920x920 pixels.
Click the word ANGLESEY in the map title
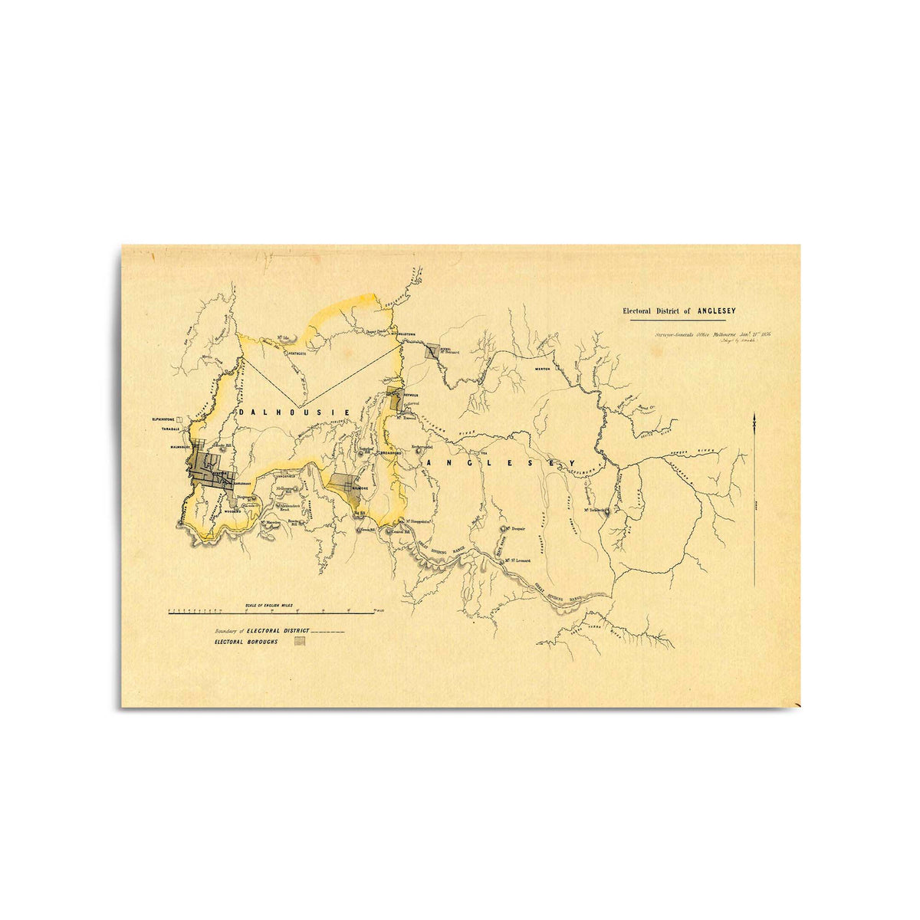pyautogui.click(x=716, y=310)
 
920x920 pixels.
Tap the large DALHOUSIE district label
pyautogui.click(x=295, y=412)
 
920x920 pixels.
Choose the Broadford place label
pyautogui.click(x=391, y=453)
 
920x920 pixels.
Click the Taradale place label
pyautogui.click(x=166, y=427)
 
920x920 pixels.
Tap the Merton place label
pyautogui.click(x=543, y=369)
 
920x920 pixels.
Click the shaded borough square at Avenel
pyautogui.click(x=432, y=351)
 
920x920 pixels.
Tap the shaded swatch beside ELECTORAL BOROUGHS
pyautogui.click(x=301, y=642)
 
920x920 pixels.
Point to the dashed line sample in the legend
pyautogui.click(x=327, y=631)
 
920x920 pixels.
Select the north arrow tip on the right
pyautogui.click(x=756, y=416)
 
